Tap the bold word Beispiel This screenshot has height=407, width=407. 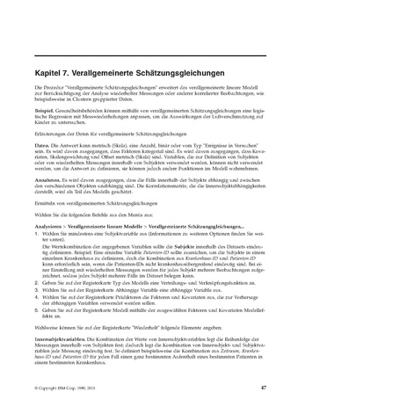(44, 113)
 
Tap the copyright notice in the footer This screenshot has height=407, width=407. (66, 387)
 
